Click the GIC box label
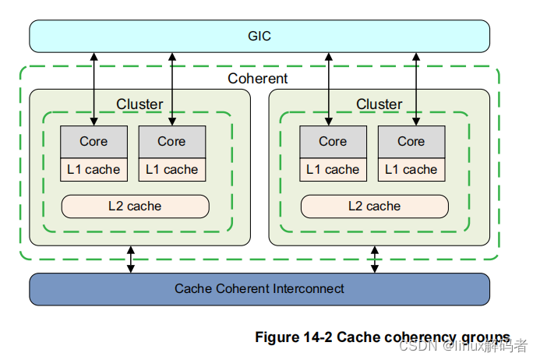click(x=259, y=36)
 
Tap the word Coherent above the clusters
click(x=257, y=78)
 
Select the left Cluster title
click(x=139, y=104)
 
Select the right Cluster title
click(x=379, y=104)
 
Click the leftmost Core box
click(x=94, y=141)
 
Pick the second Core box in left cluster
click(x=171, y=141)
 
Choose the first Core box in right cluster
click(x=333, y=141)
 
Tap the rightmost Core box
click(x=411, y=141)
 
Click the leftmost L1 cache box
click(x=94, y=169)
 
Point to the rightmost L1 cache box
click(x=411, y=169)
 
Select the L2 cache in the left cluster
click(x=135, y=206)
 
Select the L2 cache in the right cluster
click(x=375, y=206)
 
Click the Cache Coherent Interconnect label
click(x=259, y=289)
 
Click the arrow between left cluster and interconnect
click(x=131, y=259)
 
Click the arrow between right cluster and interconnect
click(x=375, y=259)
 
